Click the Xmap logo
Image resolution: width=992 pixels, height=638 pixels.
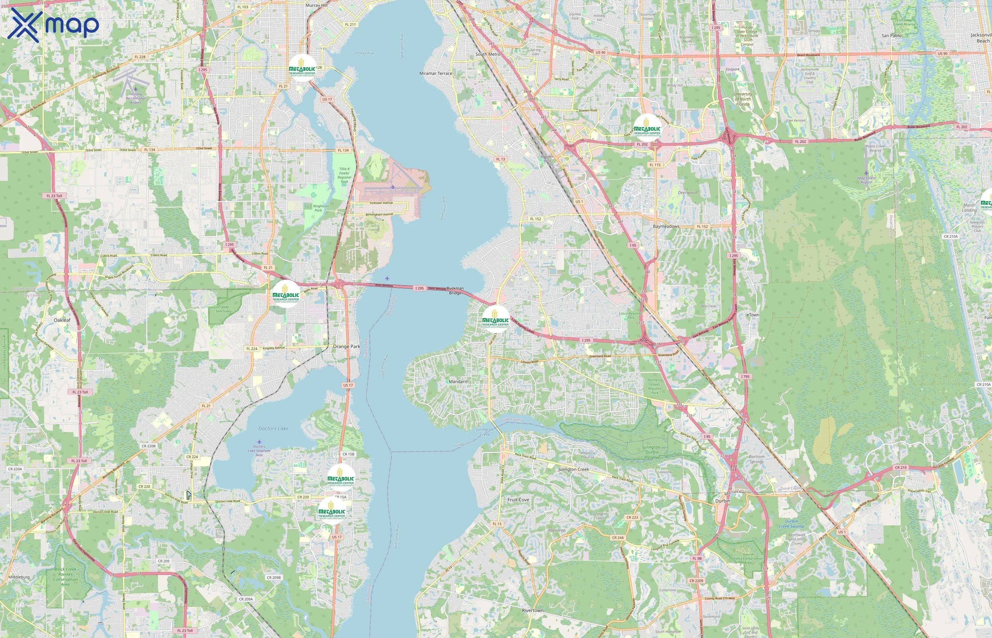click(x=53, y=25)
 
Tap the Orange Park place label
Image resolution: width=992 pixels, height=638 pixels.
click(x=346, y=346)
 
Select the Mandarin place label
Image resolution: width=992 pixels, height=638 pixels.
click(x=458, y=381)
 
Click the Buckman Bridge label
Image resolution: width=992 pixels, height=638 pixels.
click(x=455, y=290)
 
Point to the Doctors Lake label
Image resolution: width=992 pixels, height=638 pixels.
click(x=273, y=429)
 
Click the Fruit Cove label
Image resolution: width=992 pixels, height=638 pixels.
click(x=518, y=500)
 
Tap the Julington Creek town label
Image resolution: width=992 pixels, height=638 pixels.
click(x=574, y=469)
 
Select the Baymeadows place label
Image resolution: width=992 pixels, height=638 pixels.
click(x=666, y=226)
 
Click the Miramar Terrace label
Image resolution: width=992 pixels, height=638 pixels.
click(x=435, y=73)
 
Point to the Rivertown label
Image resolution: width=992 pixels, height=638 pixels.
click(x=532, y=611)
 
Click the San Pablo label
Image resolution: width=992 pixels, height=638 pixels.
click(x=891, y=36)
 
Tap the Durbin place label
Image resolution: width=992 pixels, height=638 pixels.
click(x=722, y=501)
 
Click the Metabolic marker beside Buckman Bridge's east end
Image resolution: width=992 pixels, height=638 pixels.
click(x=496, y=319)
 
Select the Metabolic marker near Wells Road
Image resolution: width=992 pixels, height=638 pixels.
click(x=286, y=294)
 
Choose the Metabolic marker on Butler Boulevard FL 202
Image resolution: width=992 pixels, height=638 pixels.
click(x=647, y=128)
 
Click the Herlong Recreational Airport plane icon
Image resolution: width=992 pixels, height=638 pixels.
click(x=135, y=89)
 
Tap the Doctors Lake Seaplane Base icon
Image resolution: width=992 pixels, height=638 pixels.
click(x=259, y=442)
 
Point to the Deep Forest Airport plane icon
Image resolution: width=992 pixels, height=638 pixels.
click(x=866, y=173)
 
